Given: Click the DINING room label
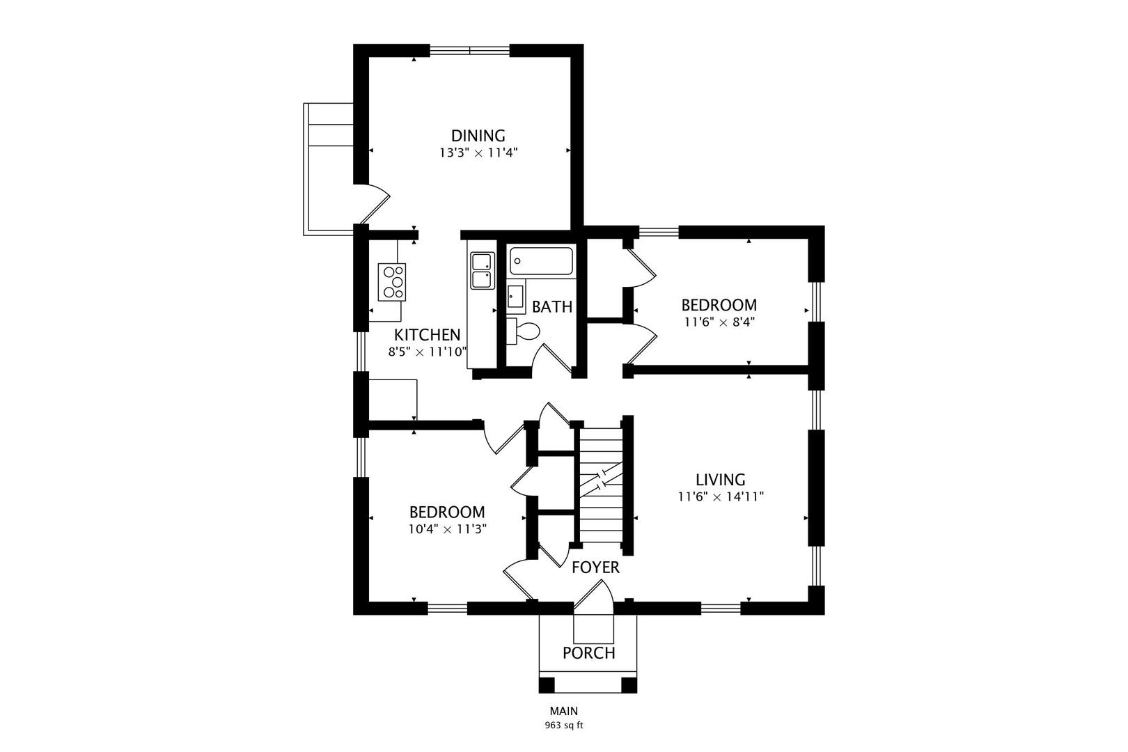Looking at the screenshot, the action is pos(478,136).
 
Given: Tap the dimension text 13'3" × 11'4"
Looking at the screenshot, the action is pos(478,152).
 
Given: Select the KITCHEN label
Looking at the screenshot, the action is pos(427,335).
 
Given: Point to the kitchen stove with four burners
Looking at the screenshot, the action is pos(392,282).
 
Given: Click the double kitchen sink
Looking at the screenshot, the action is pos(483,270).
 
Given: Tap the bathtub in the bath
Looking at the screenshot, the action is pos(541,261).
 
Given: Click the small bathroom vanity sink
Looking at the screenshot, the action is pos(515,296).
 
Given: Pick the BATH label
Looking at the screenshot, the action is pos(552,307).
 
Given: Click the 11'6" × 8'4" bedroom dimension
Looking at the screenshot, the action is pos(719,322).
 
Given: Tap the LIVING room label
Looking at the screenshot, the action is pos(721,480).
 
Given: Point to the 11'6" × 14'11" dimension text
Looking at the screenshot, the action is pos(721,496).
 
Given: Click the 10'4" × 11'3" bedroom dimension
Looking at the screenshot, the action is pos(447,529).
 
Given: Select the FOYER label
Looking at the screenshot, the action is pos(595,567).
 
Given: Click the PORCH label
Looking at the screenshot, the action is pos(588,653).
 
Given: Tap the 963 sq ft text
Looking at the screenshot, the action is pos(563,726).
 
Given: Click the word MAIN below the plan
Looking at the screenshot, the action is pos(563,711).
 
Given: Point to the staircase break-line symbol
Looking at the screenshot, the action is pos(602,479).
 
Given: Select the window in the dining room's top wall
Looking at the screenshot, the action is pos(469,50).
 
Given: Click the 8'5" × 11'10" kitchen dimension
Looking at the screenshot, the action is pos(428,352).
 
